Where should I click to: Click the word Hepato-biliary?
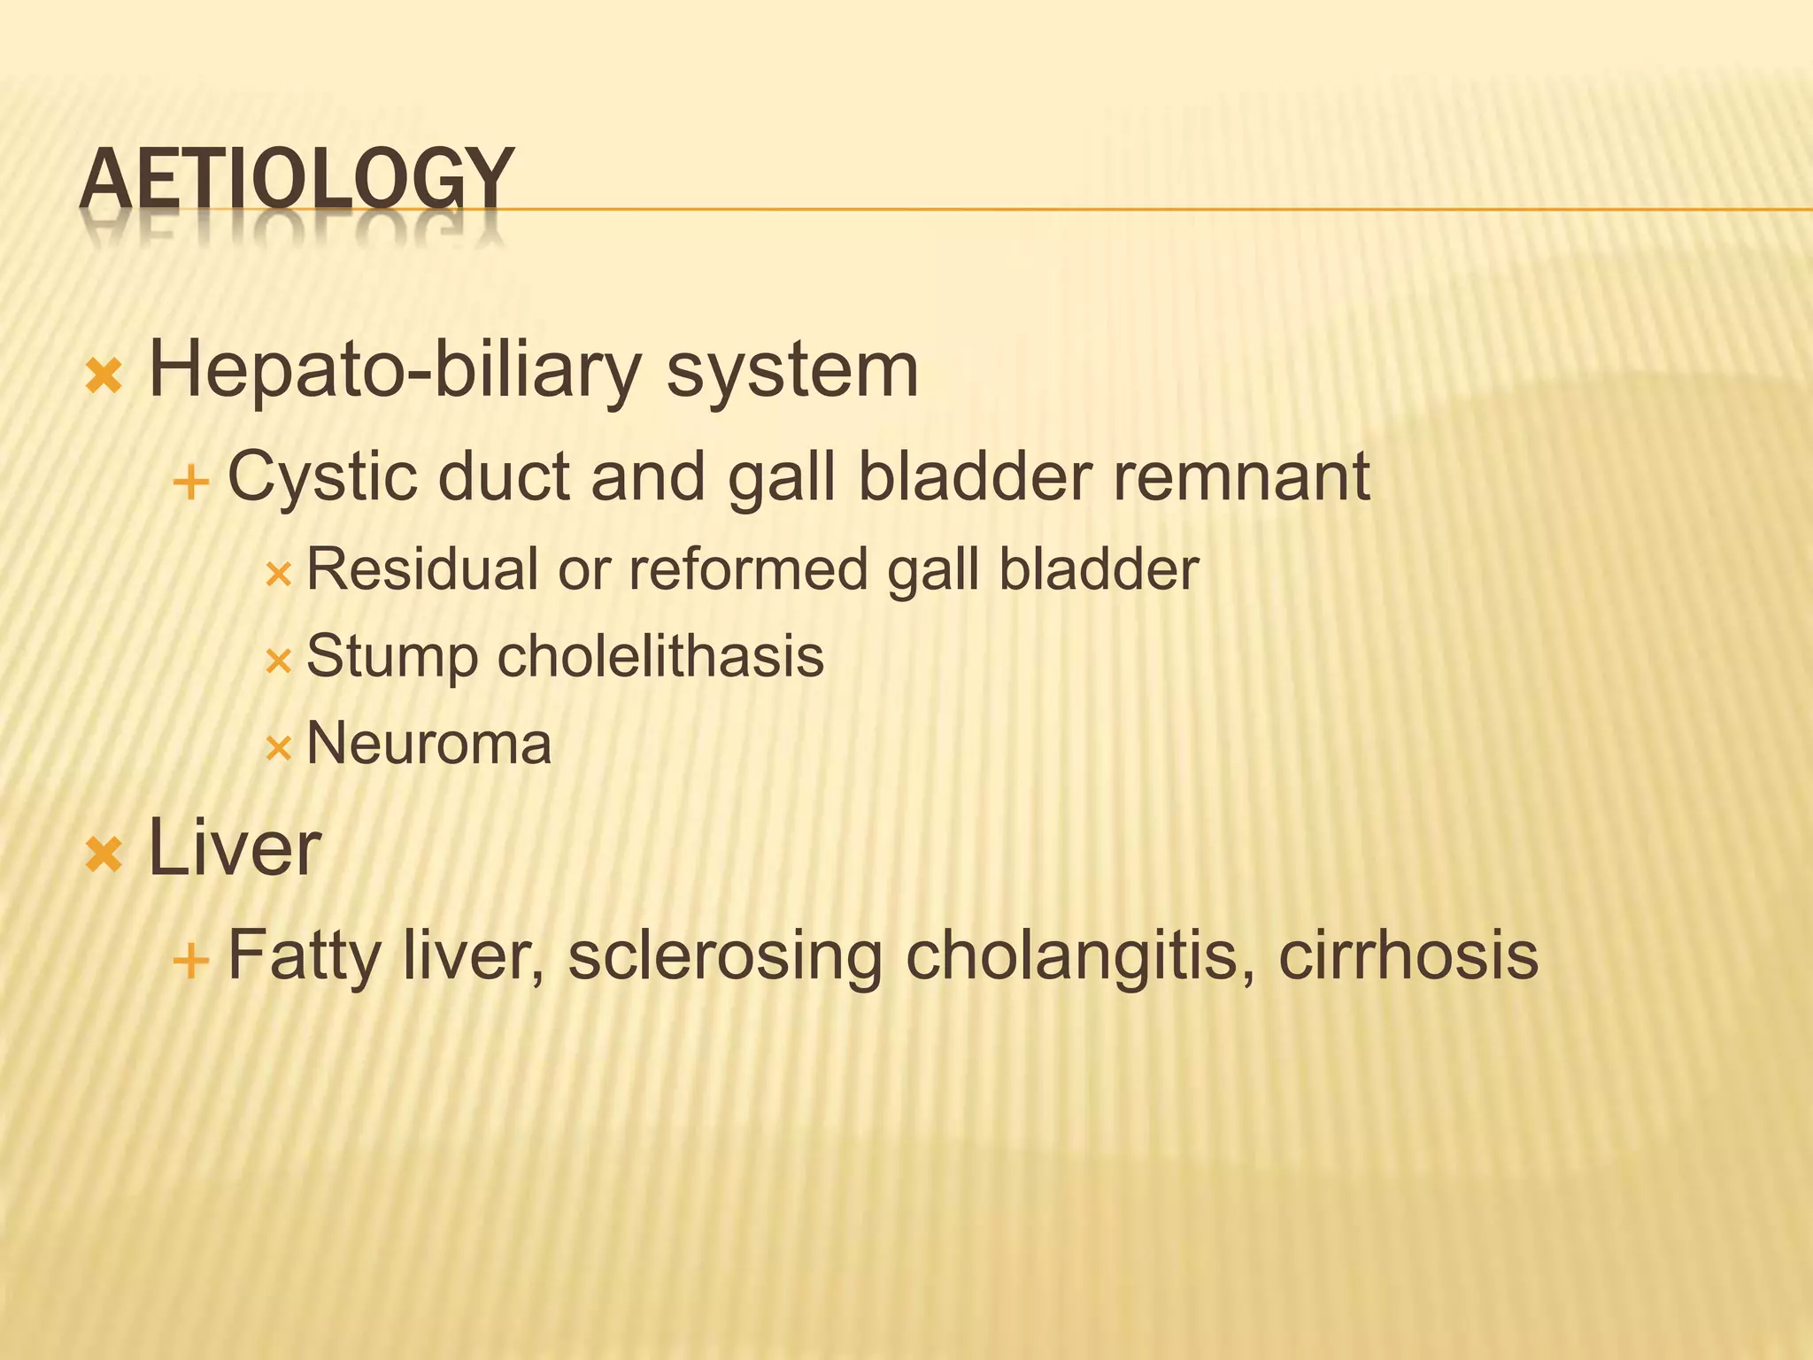pyautogui.click(x=394, y=370)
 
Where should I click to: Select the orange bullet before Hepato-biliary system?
pyautogui.click(x=104, y=376)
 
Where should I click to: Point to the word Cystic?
pyautogui.click(x=322, y=477)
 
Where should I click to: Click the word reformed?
pyautogui.click(x=749, y=568)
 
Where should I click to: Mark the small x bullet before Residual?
pyautogui.click(x=278, y=576)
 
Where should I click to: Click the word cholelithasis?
pyautogui.click(x=660, y=657)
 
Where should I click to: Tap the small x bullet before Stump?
pyautogui.click(x=278, y=661)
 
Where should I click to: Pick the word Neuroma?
pyautogui.click(x=428, y=743)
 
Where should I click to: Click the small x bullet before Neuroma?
pyautogui.click(x=278, y=749)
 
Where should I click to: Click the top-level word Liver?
pyautogui.click(x=234, y=848)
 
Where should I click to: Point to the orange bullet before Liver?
pyautogui.click(x=104, y=855)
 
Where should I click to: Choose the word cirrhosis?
pyautogui.click(x=1408, y=956)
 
